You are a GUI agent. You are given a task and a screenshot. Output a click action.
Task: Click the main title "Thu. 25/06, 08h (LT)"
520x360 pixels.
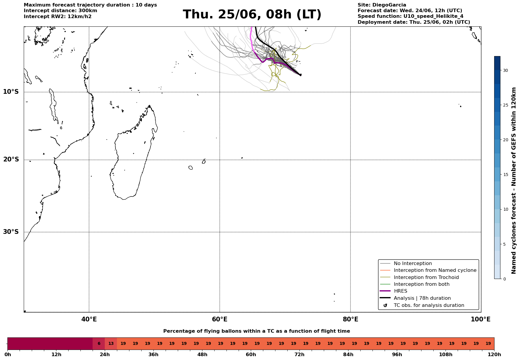pos(252,15)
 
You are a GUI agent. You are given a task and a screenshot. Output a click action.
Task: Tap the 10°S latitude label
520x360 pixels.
pos(11,92)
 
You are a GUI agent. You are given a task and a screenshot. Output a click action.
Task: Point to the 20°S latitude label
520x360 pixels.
pos(11,160)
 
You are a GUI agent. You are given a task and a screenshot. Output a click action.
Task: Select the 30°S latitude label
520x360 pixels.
pos(11,232)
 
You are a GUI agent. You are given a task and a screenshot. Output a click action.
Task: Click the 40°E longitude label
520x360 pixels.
pos(89,319)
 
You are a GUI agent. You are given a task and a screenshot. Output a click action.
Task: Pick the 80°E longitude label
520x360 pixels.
pos(351,319)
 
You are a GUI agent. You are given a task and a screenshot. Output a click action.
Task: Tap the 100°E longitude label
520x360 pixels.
pos(481,319)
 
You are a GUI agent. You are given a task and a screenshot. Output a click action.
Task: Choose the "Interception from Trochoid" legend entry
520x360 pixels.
pos(419,277)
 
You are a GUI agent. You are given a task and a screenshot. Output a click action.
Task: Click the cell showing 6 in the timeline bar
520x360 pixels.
pos(99,344)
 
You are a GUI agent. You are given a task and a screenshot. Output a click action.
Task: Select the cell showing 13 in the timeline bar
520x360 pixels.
pos(111,344)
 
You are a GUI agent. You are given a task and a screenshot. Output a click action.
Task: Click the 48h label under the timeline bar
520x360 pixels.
pos(202,355)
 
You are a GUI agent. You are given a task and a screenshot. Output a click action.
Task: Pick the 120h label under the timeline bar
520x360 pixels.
pos(494,355)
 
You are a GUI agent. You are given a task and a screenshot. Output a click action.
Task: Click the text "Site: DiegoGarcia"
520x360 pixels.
pos(382,5)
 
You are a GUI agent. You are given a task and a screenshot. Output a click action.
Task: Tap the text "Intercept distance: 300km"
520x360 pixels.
pos(61,11)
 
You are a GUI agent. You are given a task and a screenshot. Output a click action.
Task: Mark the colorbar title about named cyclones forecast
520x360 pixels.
pos(514,180)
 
